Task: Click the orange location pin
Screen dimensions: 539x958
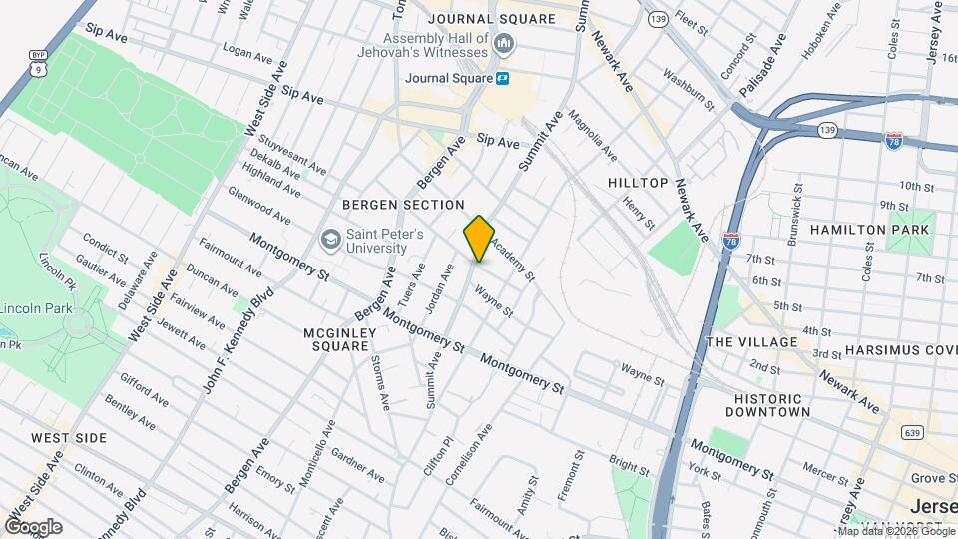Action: click(x=479, y=238)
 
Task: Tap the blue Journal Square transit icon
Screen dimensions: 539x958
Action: click(x=504, y=78)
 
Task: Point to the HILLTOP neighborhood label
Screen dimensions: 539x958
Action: click(x=637, y=183)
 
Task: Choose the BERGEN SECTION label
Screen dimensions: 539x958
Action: click(x=403, y=205)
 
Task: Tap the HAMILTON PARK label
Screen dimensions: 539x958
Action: click(x=869, y=230)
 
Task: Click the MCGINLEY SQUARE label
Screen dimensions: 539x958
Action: click(x=341, y=339)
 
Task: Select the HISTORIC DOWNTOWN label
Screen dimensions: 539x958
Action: click(x=767, y=404)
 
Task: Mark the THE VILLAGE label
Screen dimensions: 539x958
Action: click(x=752, y=342)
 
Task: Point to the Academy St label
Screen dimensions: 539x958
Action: click(x=514, y=263)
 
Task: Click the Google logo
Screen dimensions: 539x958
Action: click(x=33, y=527)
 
